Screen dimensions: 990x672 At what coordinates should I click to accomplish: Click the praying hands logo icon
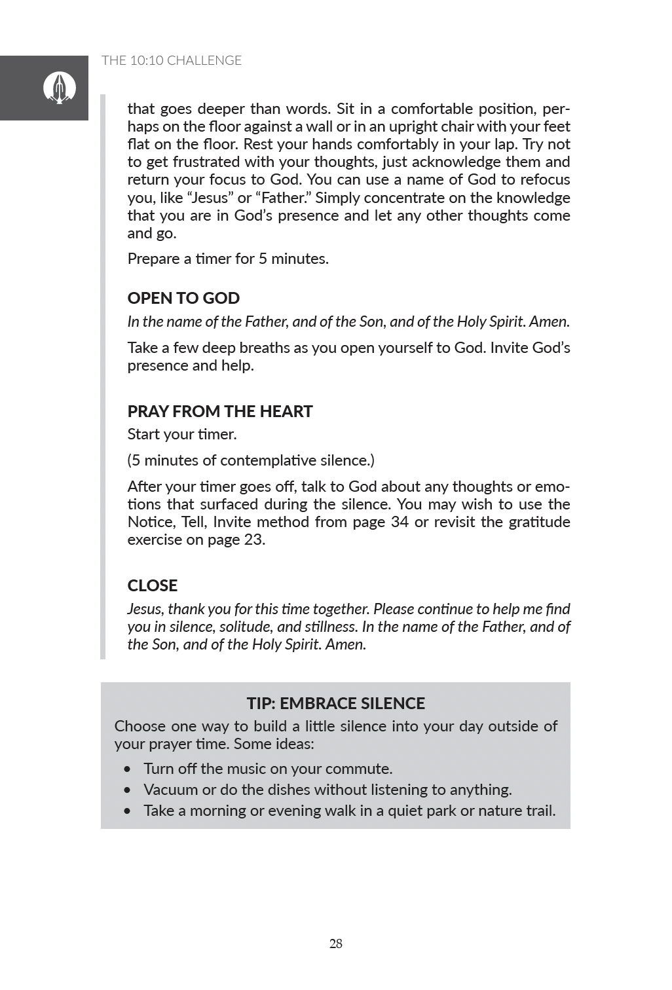[x=60, y=88]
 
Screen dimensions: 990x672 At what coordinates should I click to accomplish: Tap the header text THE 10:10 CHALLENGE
[x=172, y=61]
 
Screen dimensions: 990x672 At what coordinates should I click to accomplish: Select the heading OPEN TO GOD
[x=183, y=298]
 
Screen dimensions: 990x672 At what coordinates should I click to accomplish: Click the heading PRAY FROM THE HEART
[x=220, y=411]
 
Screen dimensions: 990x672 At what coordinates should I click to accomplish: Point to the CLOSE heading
[x=153, y=585]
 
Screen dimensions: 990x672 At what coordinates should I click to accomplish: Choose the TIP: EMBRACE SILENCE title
[x=335, y=703]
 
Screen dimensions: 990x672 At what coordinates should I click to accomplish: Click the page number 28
[x=336, y=944]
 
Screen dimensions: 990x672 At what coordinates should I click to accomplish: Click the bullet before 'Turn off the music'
[x=128, y=769]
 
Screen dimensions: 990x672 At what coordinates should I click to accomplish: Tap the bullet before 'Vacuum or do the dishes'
[x=128, y=790]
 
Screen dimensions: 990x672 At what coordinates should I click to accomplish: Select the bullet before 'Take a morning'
[x=128, y=811]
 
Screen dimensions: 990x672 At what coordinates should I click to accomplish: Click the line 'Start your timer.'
[x=182, y=435]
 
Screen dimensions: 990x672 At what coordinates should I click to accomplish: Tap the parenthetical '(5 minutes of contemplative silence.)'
[x=251, y=461]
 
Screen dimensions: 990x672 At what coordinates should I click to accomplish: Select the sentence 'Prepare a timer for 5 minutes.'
[x=228, y=259]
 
